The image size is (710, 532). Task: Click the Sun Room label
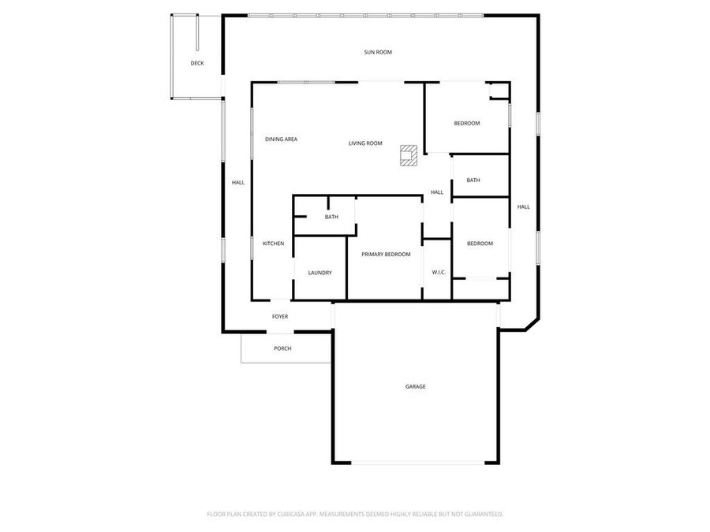(x=378, y=53)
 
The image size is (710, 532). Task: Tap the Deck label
(x=197, y=63)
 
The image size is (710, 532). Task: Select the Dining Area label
(x=281, y=140)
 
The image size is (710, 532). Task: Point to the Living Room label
(x=365, y=143)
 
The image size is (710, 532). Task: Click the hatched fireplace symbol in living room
(x=408, y=154)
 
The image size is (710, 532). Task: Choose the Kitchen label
(x=273, y=244)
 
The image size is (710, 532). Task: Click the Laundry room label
(x=319, y=273)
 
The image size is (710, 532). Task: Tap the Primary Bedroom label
(x=386, y=255)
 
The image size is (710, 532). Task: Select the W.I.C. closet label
(x=439, y=273)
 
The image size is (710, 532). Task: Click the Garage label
(x=416, y=386)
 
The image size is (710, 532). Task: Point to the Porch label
(x=282, y=348)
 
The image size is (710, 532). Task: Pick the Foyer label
(x=280, y=317)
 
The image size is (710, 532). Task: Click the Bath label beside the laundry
(x=331, y=217)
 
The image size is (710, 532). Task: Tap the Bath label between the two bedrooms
(x=473, y=180)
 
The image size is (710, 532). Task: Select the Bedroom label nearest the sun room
(x=467, y=123)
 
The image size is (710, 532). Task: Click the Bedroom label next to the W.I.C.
(x=480, y=244)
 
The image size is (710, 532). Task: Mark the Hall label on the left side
(x=238, y=183)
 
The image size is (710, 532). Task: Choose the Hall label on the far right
(x=523, y=207)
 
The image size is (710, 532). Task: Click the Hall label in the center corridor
(x=437, y=192)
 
